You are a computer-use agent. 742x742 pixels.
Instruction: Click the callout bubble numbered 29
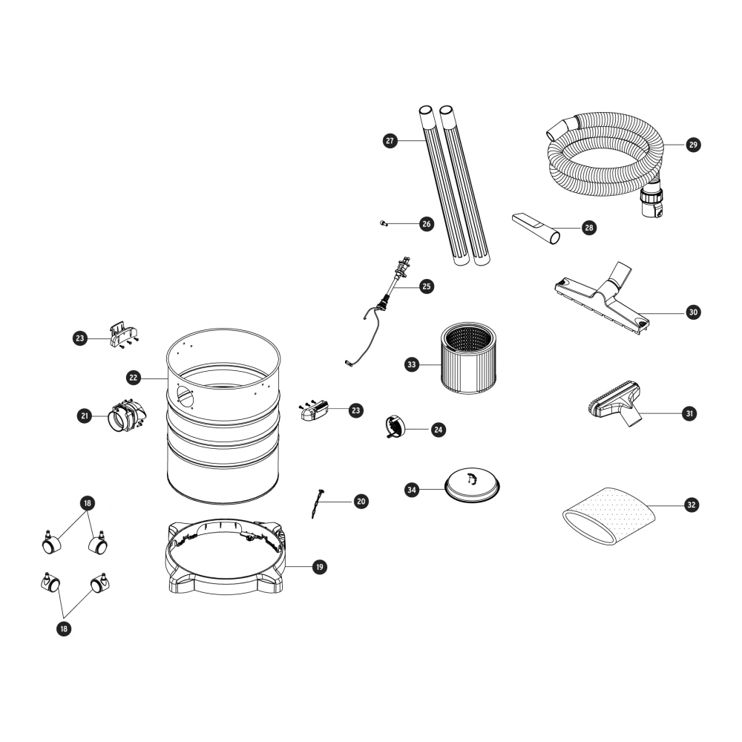click(693, 145)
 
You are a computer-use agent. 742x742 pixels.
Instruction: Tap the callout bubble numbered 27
click(390, 140)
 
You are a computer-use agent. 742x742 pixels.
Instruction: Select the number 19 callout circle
click(320, 567)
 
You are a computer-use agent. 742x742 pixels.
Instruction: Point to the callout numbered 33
click(412, 364)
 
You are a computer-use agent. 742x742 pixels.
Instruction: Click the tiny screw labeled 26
click(384, 223)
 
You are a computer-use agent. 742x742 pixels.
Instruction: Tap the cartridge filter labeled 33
click(469, 358)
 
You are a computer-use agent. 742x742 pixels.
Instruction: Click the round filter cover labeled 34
click(472, 485)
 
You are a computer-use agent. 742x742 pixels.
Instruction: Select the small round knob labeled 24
click(394, 426)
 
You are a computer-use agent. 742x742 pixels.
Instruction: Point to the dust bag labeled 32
click(609, 516)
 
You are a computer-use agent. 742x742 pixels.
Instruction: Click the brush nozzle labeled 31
click(614, 403)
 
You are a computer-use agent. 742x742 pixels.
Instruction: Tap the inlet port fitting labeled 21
click(127, 416)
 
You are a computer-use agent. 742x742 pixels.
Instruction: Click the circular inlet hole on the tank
click(185, 396)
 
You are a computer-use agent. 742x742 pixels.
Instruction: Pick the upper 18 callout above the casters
click(87, 503)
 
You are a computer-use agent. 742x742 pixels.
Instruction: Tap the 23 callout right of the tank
click(356, 411)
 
